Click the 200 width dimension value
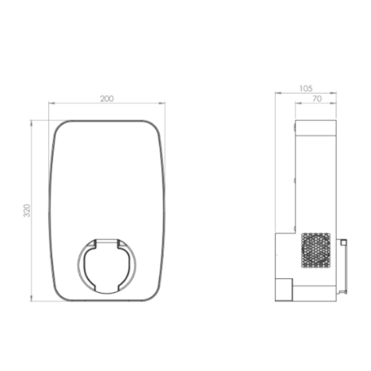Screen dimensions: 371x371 (107, 99)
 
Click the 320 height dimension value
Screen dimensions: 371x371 (27, 210)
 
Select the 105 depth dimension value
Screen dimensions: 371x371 (306, 89)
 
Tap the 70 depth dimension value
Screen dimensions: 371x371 (317, 99)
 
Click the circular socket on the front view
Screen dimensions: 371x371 (78, 266)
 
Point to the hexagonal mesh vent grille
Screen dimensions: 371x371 (316, 250)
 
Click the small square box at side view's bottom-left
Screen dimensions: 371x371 (284, 290)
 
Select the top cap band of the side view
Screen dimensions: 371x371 (316, 128)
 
